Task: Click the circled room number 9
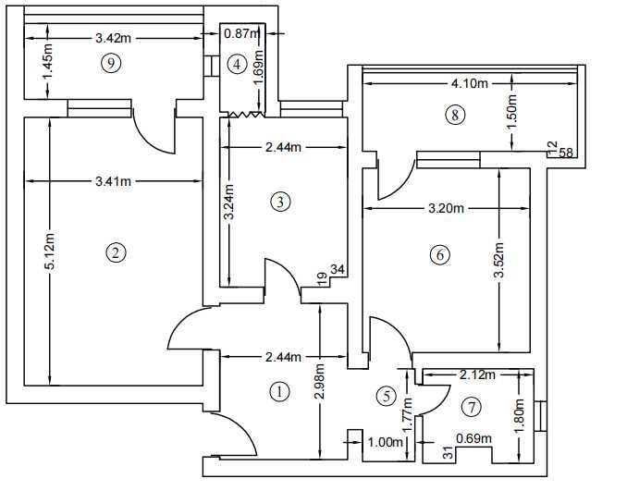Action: (111, 63)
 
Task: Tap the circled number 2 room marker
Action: (116, 252)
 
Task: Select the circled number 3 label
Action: (280, 202)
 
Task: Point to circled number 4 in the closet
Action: (237, 64)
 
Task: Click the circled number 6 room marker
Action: (440, 254)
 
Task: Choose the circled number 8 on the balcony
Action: (455, 116)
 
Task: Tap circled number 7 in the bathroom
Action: (472, 408)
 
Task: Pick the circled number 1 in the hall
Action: (279, 391)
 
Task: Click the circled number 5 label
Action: (387, 396)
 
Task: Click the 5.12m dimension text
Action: (50, 251)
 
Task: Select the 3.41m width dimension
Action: (113, 181)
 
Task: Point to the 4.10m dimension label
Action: (470, 83)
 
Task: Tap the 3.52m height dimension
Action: (499, 260)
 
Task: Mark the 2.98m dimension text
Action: (320, 381)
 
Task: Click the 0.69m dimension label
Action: (473, 438)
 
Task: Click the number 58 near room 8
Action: (566, 153)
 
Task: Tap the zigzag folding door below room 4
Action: (246, 115)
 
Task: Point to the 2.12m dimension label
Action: (477, 374)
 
